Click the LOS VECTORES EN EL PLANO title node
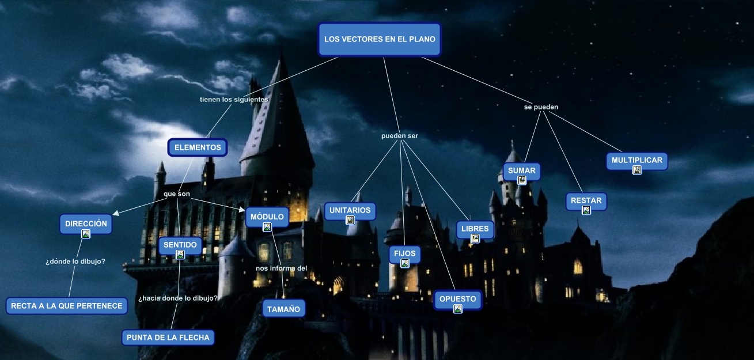(380, 40)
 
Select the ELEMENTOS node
(198, 147)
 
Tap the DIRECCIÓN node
(86, 223)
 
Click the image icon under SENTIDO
(180, 254)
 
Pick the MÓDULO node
(267, 217)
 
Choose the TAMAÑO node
(283, 309)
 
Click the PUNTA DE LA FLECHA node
(168, 337)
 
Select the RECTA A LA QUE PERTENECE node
(67, 306)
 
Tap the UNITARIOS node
(350, 210)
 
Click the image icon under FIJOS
(405, 263)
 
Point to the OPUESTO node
(457, 299)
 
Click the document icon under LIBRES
(475, 238)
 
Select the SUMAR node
(521, 170)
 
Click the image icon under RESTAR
(586, 210)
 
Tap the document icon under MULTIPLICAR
(637, 170)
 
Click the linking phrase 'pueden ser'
(400, 136)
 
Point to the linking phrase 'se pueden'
(541, 107)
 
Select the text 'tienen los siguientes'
(234, 100)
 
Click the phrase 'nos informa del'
(281, 268)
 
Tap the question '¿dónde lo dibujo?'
(75, 262)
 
